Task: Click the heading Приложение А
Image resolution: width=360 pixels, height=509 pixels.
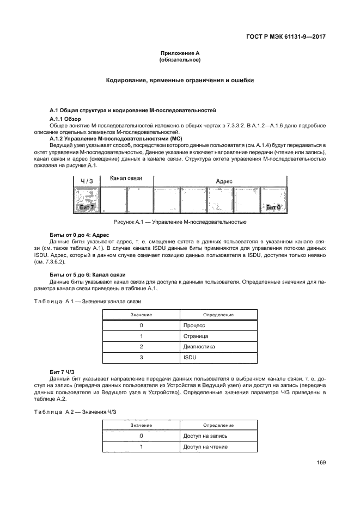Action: [x=180, y=53]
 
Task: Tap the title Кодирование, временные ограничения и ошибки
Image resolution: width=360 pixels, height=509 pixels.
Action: [x=180, y=81]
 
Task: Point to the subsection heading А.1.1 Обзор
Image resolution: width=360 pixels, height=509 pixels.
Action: [x=65, y=119]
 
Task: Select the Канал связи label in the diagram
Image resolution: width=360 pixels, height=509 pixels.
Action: [x=126, y=179]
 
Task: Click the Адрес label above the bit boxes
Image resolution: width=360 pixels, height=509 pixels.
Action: [x=224, y=181]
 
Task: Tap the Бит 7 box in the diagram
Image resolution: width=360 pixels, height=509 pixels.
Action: [x=87, y=207]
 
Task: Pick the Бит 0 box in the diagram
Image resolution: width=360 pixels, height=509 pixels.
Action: [x=273, y=207]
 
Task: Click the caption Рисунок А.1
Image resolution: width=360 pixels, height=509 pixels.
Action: [x=180, y=222]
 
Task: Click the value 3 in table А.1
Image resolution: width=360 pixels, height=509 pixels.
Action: [x=142, y=357]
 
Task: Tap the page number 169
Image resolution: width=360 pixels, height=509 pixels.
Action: [x=321, y=463]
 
